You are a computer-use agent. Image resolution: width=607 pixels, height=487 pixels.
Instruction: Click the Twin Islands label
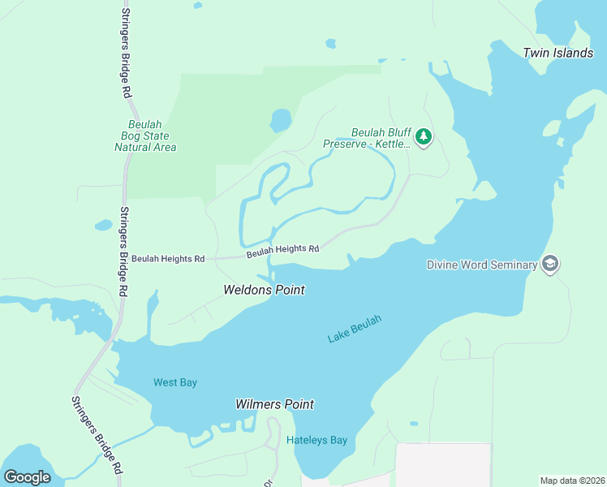point(557,53)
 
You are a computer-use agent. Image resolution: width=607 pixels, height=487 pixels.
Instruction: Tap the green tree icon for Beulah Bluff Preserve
point(423,138)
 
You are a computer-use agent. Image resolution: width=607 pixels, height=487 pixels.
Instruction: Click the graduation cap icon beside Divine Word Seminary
point(551,265)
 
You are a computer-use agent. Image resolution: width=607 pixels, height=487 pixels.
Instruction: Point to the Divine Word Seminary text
point(482,265)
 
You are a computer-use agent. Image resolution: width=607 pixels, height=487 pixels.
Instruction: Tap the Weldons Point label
point(264,290)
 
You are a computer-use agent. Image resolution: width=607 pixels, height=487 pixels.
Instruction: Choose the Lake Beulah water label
point(355,328)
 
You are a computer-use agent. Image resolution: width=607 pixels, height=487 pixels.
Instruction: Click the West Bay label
point(175,382)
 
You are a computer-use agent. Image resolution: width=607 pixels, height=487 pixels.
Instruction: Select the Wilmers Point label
point(274,404)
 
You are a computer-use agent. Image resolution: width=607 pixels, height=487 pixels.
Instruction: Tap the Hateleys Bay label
point(316,441)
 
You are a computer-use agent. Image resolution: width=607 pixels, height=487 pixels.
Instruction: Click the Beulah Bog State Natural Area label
point(145,136)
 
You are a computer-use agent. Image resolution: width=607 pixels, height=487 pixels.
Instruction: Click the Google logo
point(27,476)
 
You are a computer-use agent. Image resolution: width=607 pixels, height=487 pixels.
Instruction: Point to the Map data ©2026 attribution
point(573,480)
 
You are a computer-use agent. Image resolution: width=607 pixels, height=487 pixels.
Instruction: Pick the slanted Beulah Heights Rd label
point(282,251)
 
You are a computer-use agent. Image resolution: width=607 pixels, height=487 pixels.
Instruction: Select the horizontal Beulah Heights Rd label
point(168,259)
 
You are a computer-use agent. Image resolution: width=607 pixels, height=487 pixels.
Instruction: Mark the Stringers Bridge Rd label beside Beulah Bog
point(124,252)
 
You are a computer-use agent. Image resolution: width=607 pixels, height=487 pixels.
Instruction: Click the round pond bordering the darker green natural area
point(281,120)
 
